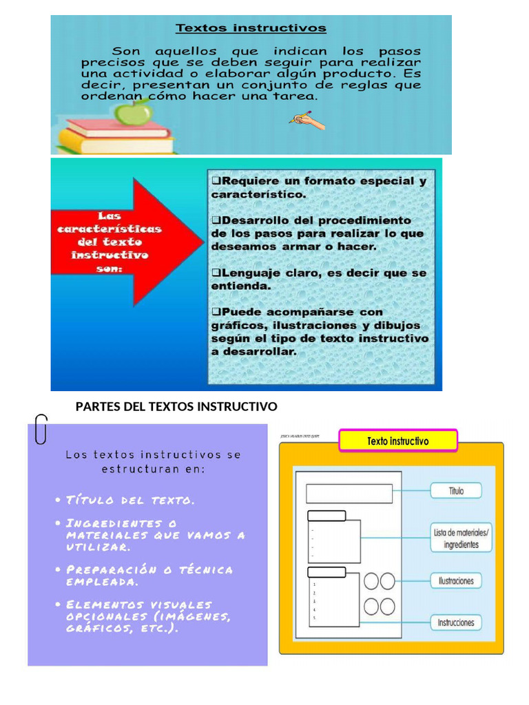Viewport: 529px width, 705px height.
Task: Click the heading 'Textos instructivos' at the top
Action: coord(251,29)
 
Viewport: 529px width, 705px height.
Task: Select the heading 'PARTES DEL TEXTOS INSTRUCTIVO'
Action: coord(176,406)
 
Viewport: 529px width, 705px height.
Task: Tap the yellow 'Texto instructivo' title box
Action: coord(397,441)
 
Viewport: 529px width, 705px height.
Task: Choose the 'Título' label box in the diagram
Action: coord(456,491)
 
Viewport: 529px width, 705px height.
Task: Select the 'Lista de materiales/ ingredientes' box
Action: coord(461,538)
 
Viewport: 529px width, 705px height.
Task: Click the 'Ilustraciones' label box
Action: coord(456,581)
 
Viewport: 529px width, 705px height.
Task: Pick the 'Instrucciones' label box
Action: coord(456,622)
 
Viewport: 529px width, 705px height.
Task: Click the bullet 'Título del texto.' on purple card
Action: coord(131,500)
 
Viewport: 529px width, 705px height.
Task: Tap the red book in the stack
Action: coord(117,129)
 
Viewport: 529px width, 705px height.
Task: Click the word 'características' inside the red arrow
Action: coord(109,229)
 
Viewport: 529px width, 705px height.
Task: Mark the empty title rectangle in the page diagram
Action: coord(349,494)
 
